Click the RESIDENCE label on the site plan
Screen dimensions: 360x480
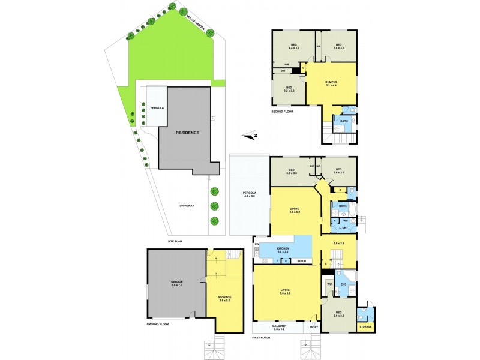(x=187, y=133)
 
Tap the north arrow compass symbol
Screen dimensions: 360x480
(x=253, y=136)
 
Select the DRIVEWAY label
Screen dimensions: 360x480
(x=187, y=206)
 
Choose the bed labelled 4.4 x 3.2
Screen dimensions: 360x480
(x=294, y=46)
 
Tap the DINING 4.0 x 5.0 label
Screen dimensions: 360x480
(x=294, y=210)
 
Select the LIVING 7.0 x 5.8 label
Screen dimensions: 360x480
(x=285, y=293)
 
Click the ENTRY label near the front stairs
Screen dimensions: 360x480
(x=313, y=327)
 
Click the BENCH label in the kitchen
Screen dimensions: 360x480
(x=301, y=261)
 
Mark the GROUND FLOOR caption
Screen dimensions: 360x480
(x=158, y=324)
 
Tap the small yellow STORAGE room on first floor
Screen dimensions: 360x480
(x=365, y=326)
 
